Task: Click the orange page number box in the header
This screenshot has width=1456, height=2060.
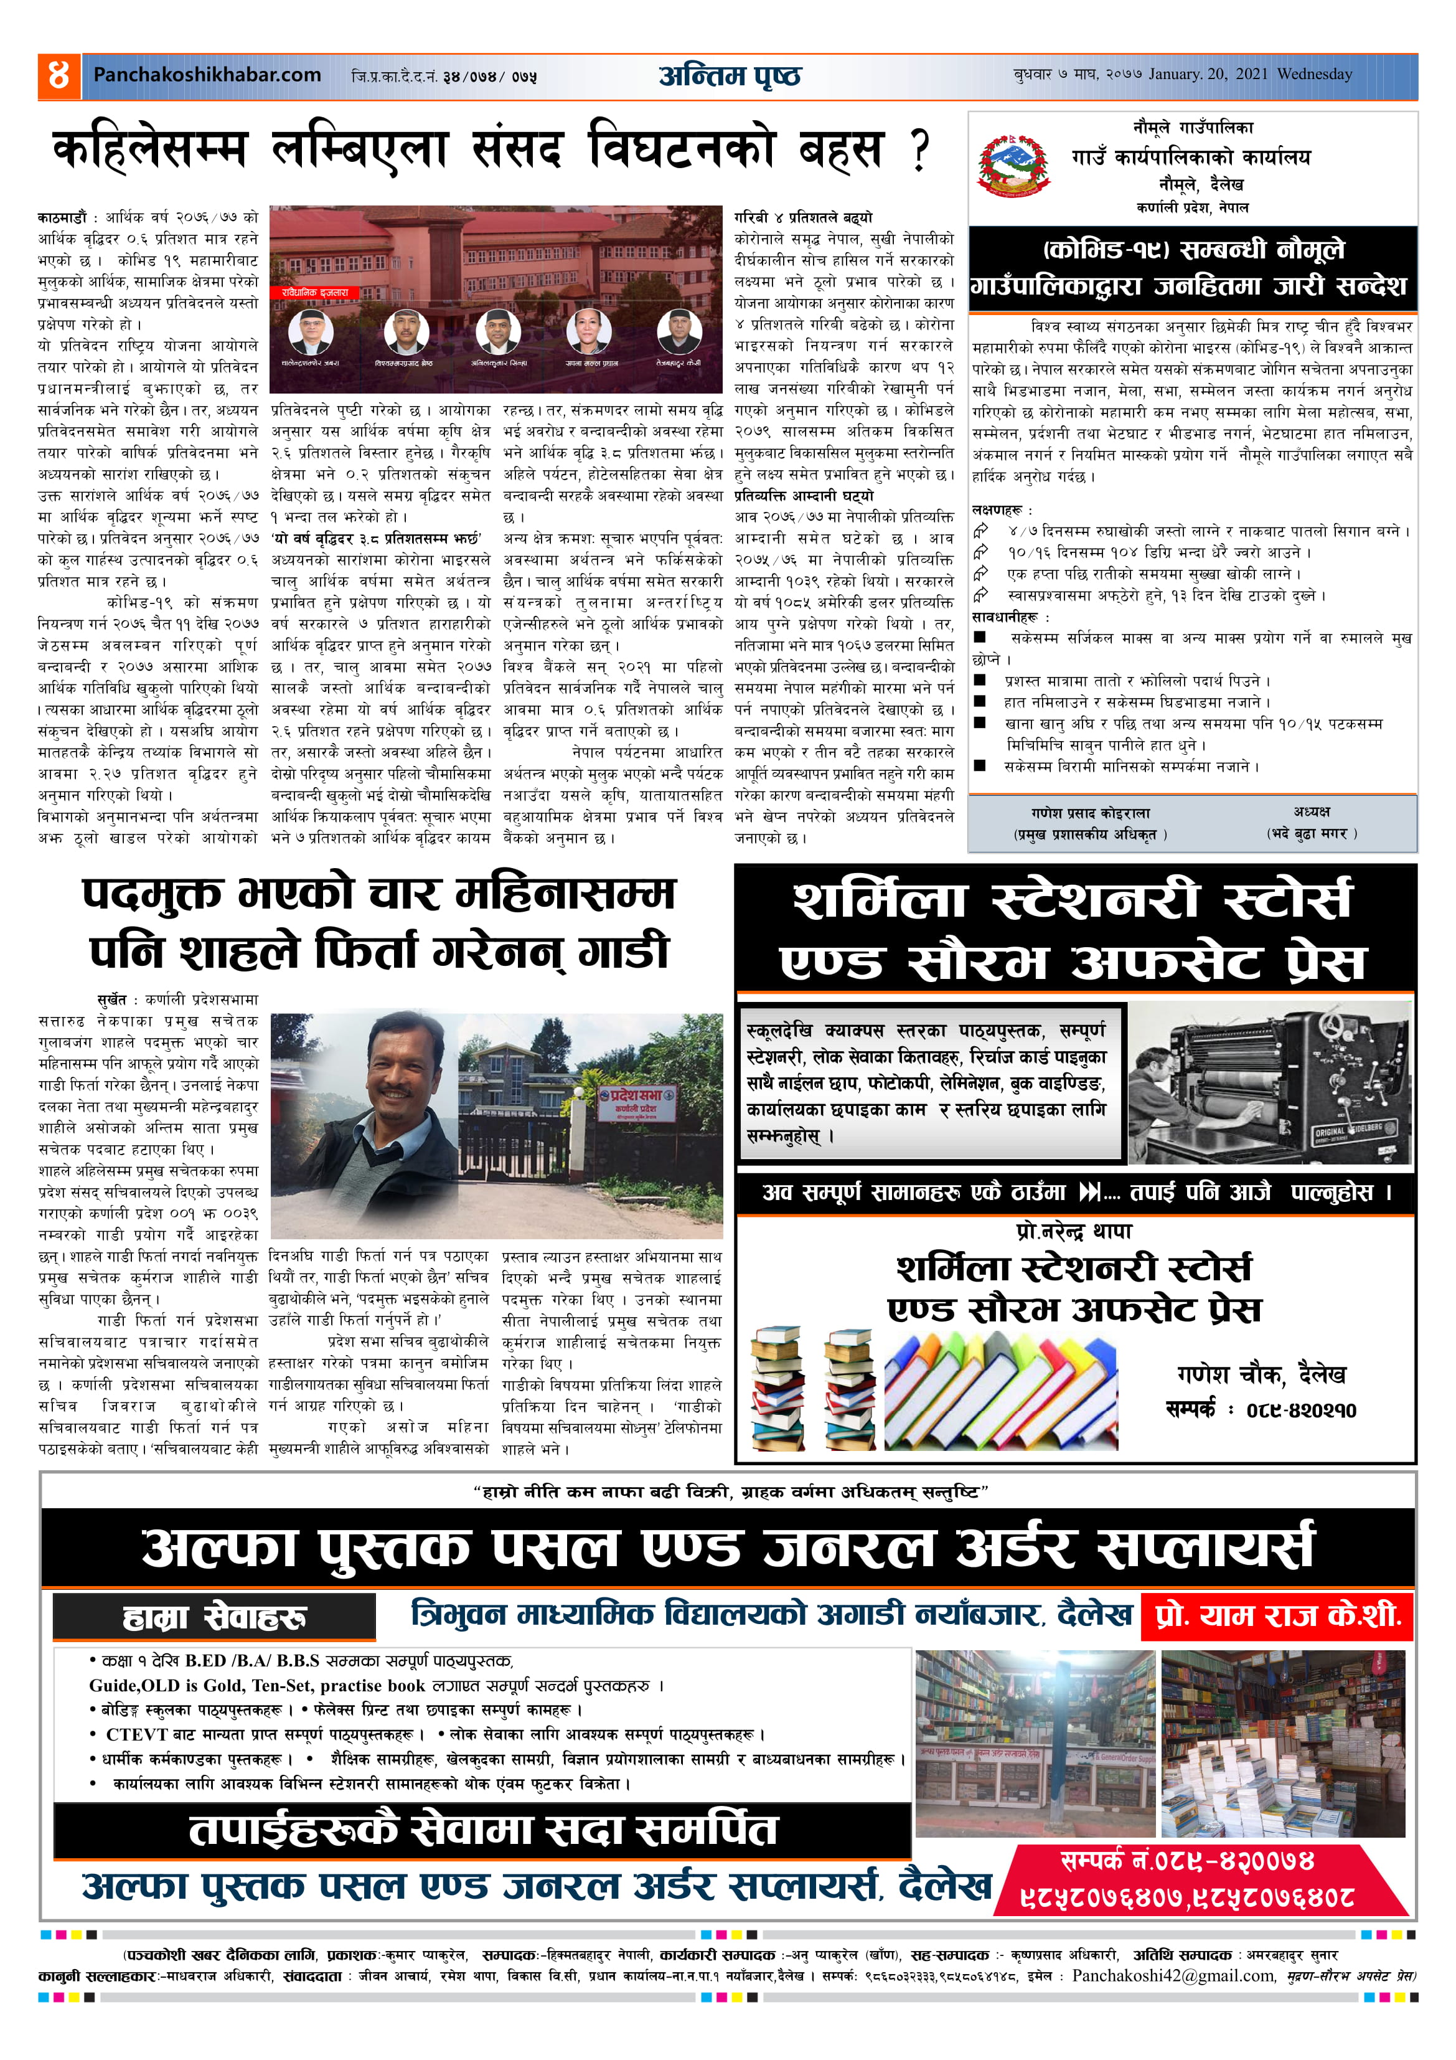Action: pyautogui.click(x=59, y=76)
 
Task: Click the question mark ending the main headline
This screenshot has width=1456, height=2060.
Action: pyautogui.click(x=919, y=151)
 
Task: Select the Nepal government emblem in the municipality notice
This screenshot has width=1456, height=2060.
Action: pyautogui.click(x=1015, y=166)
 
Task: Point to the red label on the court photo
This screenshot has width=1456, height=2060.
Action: pyautogui.click(x=314, y=293)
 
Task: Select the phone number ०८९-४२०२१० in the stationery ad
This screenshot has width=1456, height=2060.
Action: pyautogui.click(x=1301, y=1410)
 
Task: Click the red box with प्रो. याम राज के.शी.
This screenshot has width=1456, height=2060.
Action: pyautogui.click(x=1277, y=1616)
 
